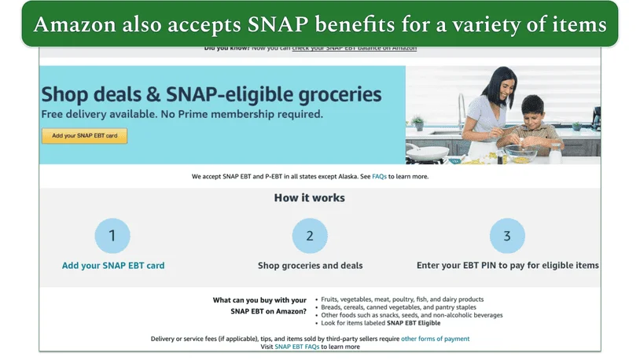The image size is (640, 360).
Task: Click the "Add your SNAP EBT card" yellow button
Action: [x=84, y=136]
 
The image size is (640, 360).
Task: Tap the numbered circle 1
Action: [x=112, y=236]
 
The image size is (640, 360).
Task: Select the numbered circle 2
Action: [x=310, y=236]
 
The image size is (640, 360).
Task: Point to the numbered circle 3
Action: [x=507, y=236]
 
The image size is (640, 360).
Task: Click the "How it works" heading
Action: [x=309, y=198]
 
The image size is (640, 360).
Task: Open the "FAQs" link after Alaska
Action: [x=380, y=177]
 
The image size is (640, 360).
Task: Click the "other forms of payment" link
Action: [x=435, y=339]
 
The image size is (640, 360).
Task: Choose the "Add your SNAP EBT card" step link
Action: [x=113, y=266]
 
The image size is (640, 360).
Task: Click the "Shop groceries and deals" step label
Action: [x=310, y=266]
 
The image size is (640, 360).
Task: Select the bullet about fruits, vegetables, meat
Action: [x=402, y=299]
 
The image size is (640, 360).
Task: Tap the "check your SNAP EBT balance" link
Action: [x=354, y=48]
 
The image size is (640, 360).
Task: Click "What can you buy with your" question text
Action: [x=259, y=300]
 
